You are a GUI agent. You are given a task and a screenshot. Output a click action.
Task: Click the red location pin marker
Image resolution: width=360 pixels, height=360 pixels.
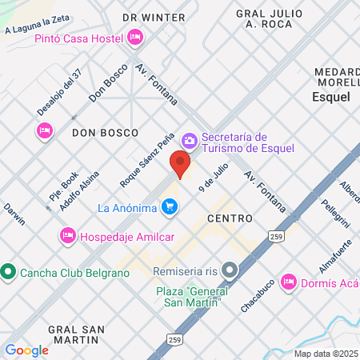coord(181,166)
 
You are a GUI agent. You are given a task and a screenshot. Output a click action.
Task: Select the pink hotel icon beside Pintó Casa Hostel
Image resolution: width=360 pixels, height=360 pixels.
coord(134,37)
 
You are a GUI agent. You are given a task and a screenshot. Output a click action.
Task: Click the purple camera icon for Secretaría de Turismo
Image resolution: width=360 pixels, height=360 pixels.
coord(190,141)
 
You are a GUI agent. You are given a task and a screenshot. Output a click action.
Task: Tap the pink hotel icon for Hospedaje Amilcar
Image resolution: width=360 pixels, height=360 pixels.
coord(68,234)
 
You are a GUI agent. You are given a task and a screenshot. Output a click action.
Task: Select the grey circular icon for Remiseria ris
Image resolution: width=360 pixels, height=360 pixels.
coord(230,270)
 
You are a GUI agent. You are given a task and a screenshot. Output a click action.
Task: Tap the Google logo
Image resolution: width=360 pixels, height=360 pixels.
coord(26,350)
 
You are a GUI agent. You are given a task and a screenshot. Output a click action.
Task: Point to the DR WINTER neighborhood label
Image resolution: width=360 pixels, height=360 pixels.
coord(154,17)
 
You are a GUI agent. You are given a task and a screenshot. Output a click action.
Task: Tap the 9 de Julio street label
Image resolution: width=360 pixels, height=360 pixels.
coord(214,176)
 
